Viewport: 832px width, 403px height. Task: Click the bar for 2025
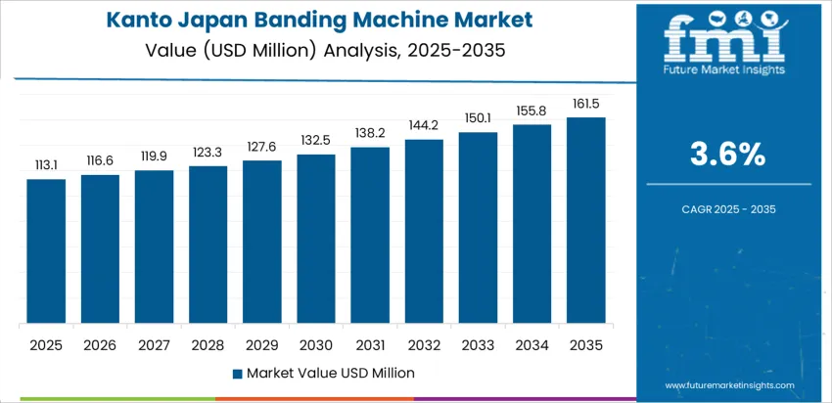tap(46, 251)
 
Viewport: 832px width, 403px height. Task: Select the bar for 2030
tap(316, 239)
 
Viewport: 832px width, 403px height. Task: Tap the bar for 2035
tap(586, 221)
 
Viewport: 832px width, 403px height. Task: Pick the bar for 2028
tap(208, 245)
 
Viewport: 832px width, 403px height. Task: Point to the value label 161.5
tap(586, 103)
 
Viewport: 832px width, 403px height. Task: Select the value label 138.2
tap(370, 133)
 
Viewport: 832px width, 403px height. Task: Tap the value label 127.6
tap(262, 147)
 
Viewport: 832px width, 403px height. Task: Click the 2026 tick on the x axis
tap(100, 344)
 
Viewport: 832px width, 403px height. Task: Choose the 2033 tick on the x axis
tap(478, 344)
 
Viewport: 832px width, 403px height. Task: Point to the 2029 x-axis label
tap(262, 344)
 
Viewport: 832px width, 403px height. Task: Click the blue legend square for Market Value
tap(238, 373)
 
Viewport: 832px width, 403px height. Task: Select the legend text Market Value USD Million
tap(330, 373)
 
